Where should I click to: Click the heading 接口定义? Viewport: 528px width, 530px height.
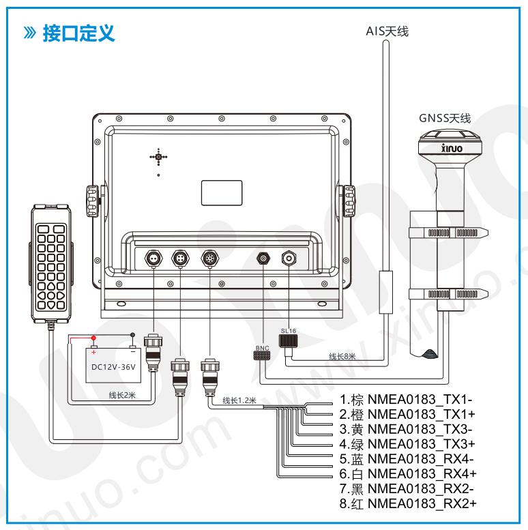coord(78,33)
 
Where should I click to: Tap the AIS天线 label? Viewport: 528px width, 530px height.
coord(387,31)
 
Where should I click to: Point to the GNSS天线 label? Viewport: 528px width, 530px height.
coord(445,118)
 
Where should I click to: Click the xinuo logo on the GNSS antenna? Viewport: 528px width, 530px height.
coord(452,148)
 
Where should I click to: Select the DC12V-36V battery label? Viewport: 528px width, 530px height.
coord(113,367)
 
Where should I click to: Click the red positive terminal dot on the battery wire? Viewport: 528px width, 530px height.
coord(93,338)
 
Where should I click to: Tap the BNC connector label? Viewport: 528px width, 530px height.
coord(263,348)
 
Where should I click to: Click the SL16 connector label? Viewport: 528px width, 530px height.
coord(289,331)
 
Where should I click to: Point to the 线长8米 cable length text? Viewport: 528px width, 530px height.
coord(342,356)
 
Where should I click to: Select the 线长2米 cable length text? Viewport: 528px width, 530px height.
coord(122,395)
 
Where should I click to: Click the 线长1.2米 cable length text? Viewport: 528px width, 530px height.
coord(239,400)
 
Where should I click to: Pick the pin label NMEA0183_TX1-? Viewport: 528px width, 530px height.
coord(420,400)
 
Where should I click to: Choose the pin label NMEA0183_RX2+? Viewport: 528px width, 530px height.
coord(422,503)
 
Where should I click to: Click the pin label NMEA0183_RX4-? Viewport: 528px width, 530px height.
coord(420,459)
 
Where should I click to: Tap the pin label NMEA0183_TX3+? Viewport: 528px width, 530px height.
coord(422,444)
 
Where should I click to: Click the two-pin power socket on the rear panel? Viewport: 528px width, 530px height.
coord(153,259)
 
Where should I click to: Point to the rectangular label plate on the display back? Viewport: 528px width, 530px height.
coord(222,192)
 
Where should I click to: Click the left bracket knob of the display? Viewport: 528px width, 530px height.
coord(92,201)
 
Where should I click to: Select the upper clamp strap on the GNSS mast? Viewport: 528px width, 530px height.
coord(448,233)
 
